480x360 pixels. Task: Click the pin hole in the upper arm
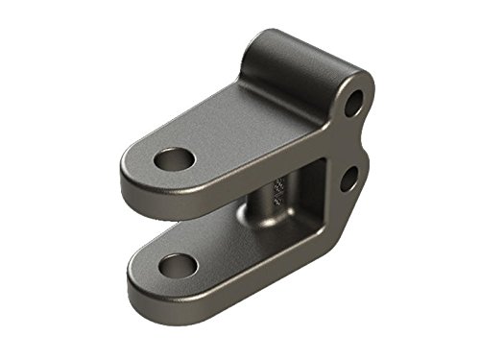pyautogui.click(x=174, y=158)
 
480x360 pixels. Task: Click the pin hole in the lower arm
pyautogui.click(x=178, y=264)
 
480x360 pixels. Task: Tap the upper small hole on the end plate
pyautogui.click(x=353, y=102)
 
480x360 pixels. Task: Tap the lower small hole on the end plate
pyautogui.click(x=349, y=178)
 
